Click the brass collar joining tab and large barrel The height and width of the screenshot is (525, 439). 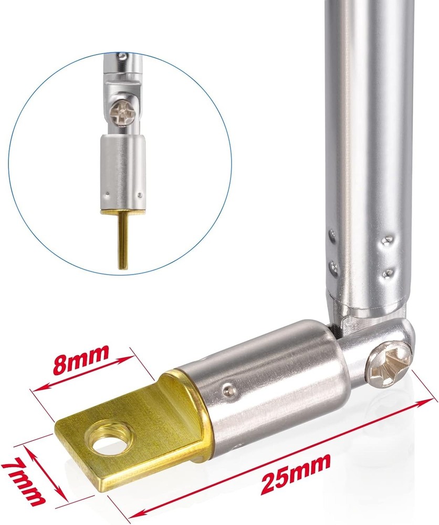192,415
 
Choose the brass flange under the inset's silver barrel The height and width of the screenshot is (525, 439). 123,211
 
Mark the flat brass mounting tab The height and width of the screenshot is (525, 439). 131,436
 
